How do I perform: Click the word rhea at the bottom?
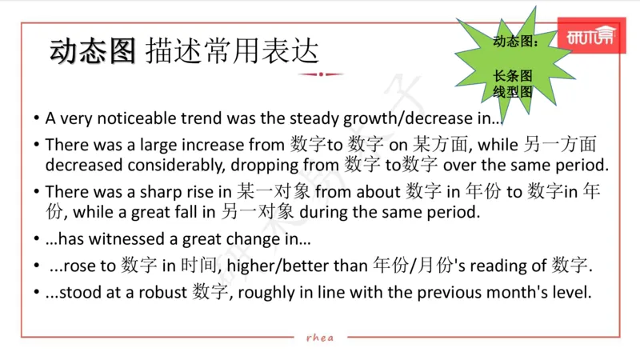320,337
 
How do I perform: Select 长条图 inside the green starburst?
512,76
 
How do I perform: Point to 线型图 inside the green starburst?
512,92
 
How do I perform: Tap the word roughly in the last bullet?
263,292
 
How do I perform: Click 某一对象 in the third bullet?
270,192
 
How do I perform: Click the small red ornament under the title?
320,74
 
